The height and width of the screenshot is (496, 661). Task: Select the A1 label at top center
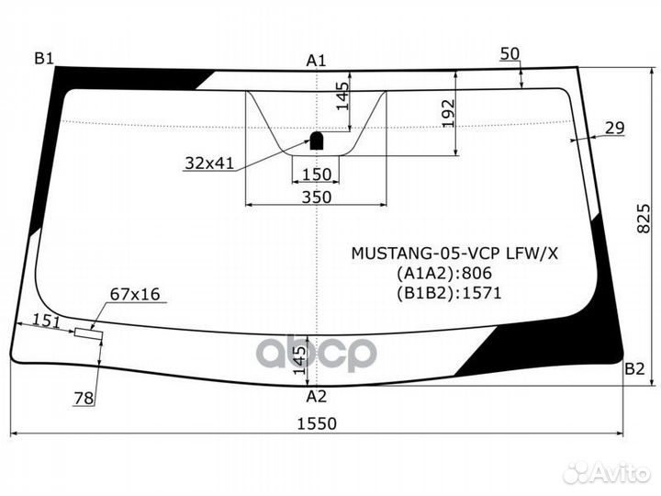[x=316, y=61]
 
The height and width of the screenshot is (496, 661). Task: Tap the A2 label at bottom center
[x=316, y=397]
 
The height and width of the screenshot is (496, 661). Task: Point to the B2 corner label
[x=634, y=370]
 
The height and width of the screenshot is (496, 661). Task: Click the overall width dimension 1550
[x=317, y=423]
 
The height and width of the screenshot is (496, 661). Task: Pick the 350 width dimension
[x=316, y=196]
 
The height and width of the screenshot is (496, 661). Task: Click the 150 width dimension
[x=316, y=175]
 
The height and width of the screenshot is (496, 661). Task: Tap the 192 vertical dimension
[x=448, y=113]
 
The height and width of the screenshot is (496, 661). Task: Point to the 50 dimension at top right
[x=510, y=54]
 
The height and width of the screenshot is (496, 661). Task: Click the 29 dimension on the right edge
[x=615, y=128]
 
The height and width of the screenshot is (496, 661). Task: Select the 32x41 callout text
[x=209, y=163]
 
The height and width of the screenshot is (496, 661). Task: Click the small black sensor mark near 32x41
[x=315, y=141]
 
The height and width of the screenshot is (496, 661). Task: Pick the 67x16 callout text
[x=135, y=294]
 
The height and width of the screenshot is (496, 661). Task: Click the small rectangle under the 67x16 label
[x=88, y=333]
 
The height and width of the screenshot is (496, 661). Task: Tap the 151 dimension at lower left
[x=47, y=320]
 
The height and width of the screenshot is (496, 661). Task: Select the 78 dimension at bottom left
[x=84, y=398]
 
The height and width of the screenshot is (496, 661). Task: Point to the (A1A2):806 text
[x=444, y=273]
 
